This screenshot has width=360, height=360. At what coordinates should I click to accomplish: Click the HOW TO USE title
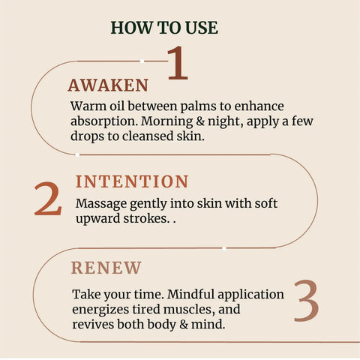pos(164,28)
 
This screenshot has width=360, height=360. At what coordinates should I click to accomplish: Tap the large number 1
pos(176,64)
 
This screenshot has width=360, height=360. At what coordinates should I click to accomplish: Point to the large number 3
pos(306,301)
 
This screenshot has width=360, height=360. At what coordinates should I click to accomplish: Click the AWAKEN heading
pos(108,85)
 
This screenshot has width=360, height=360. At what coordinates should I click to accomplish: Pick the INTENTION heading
pos(132,181)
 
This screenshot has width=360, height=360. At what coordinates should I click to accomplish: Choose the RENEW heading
pos(106,267)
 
